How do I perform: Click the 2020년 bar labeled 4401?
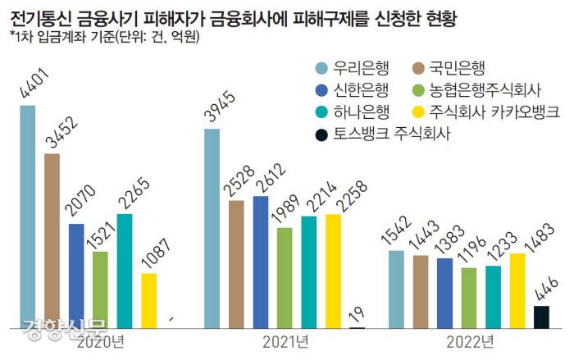28,216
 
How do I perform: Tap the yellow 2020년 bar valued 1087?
148,301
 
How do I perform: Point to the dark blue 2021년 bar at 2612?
261,262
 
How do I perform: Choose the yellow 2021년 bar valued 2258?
333,271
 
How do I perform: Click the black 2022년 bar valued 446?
541,317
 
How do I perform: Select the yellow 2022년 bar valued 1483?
517,291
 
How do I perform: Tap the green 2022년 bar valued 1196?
469,298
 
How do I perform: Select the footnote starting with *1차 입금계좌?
107,35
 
